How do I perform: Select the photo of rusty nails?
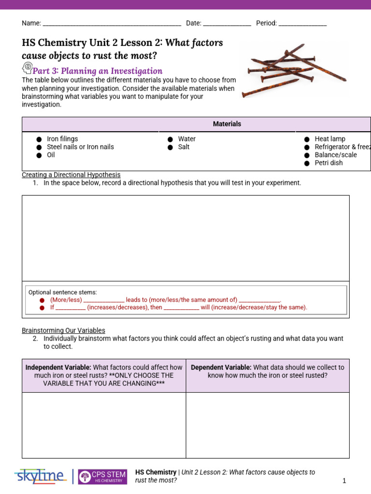[x=294, y=70]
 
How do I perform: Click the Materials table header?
[x=227, y=124]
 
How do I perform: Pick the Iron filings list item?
[x=62, y=139]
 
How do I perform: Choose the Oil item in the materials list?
[x=51, y=155]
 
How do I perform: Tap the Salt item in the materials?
[x=184, y=147]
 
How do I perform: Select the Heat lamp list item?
[x=329, y=139]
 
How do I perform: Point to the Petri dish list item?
[x=328, y=163]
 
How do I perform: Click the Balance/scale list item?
[x=336, y=155]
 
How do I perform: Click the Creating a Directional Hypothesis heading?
[x=71, y=175]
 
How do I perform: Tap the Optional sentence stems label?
[x=62, y=292]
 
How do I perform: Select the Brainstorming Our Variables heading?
[x=63, y=330]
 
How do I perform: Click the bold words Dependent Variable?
[x=221, y=367]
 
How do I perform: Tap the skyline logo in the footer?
[x=40, y=476]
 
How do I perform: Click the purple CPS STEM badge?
[x=102, y=477]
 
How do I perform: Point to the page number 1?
[x=344, y=481]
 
